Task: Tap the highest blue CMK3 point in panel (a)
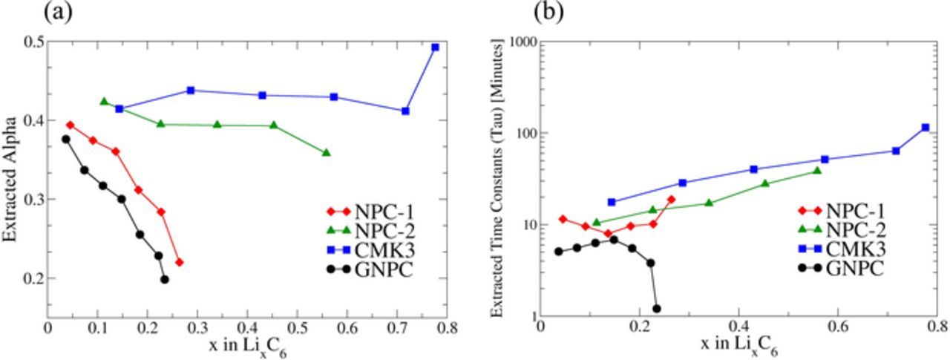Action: point(436,47)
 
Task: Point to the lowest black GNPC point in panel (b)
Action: point(656,309)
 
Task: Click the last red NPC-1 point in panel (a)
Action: point(179,262)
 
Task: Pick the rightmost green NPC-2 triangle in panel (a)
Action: point(326,153)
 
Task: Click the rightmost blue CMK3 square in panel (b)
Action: point(925,128)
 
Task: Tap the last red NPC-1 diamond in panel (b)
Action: point(671,199)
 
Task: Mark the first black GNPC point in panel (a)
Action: point(65,139)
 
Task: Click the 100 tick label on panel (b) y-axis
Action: point(522,134)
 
